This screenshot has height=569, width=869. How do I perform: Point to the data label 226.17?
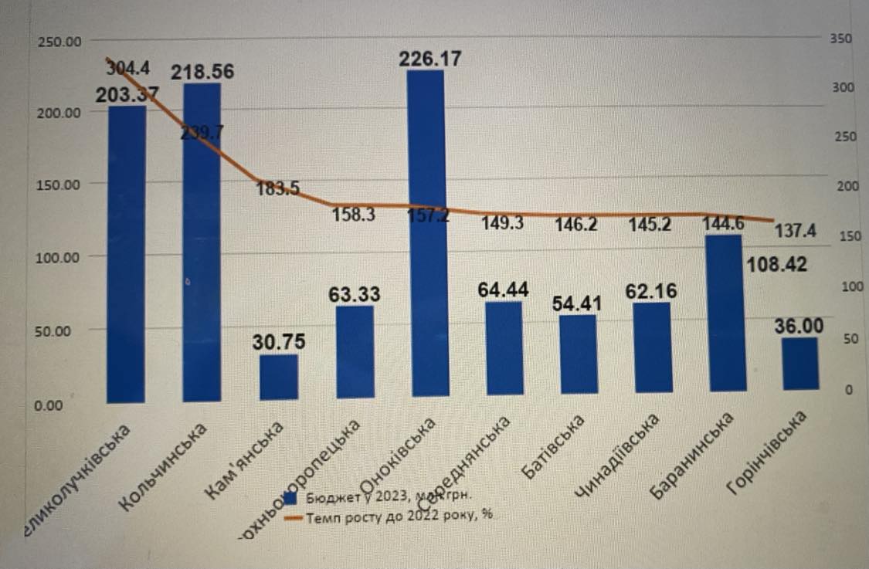coord(429,58)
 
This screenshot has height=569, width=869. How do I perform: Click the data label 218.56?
coord(202,72)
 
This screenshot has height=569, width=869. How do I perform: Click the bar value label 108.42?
coord(778,265)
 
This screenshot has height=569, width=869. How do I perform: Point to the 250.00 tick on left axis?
coord(59,40)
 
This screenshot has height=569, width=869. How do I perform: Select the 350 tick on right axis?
coord(841,38)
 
